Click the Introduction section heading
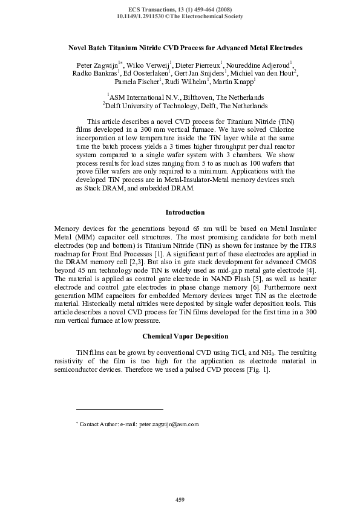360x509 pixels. click(x=185, y=212)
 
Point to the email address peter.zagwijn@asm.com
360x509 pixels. click(x=169, y=425)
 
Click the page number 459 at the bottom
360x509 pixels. click(x=180, y=499)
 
